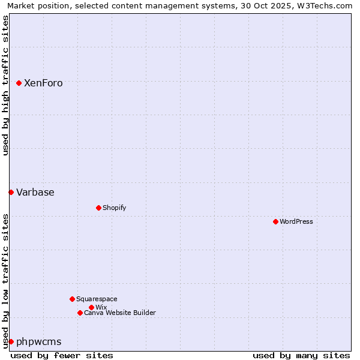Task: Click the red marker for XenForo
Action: pyautogui.click(x=19, y=83)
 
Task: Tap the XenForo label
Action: pyautogui.click(x=43, y=83)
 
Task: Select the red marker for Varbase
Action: pyautogui.click(x=11, y=192)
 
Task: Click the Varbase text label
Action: pyautogui.click(x=35, y=193)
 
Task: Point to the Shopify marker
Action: pyautogui.click(x=98, y=208)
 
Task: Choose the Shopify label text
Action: pyautogui.click(x=114, y=208)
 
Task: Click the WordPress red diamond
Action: pyautogui.click(x=275, y=221)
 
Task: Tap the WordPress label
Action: pyautogui.click(x=296, y=221)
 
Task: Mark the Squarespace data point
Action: pyautogui.click(x=72, y=299)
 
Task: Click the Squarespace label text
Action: pyautogui.click(x=97, y=299)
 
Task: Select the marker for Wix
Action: pyautogui.click(x=91, y=307)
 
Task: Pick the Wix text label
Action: pyautogui.click(x=101, y=307)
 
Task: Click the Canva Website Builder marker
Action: pyautogui.click(x=80, y=313)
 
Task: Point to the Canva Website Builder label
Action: pyautogui.click(x=119, y=313)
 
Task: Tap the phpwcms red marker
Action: pyautogui.click(x=11, y=341)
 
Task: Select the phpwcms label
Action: pyautogui.click(x=38, y=342)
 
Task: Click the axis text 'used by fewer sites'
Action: pyautogui.click(x=62, y=355)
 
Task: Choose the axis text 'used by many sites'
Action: pyautogui.click(x=301, y=355)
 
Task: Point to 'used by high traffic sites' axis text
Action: pyautogui.click(x=5, y=85)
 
